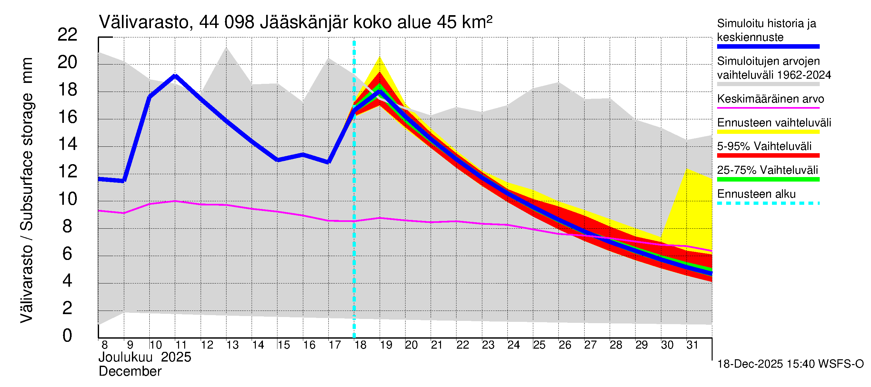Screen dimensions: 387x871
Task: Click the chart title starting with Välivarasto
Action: pyautogui.click(x=295, y=23)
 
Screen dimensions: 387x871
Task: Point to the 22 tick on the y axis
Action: pyautogui.click(x=67, y=35)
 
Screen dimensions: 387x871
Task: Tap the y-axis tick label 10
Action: pyautogui.click(x=67, y=199)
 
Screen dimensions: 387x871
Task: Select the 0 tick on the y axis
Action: pyautogui.click(x=67, y=336)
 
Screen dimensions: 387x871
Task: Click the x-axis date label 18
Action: pyautogui.click(x=360, y=345)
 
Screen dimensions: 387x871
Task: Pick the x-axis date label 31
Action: pyautogui.click(x=692, y=345)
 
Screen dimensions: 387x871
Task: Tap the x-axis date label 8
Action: pyautogui.click(x=105, y=345)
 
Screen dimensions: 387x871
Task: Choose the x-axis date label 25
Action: pyautogui.click(x=539, y=345)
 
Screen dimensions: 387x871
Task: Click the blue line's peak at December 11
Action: pyautogui.click(x=175, y=76)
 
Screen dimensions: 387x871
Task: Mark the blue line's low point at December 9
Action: pyautogui.click(x=124, y=181)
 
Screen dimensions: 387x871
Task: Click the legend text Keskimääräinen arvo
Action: pyautogui.click(x=771, y=99)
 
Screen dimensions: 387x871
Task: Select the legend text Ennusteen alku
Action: pyautogui.click(x=756, y=194)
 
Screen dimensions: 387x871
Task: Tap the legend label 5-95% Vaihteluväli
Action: pyautogui.click(x=764, y=146)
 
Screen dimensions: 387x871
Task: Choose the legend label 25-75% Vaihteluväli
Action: pyautogui.click(x=767, y=170)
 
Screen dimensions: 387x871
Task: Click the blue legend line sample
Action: pyautogui.click(x=768, y=47)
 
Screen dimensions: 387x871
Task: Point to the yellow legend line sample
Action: pyautogui.click(x=768, y=132)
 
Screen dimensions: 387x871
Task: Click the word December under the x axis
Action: pyautogui.click(x=130, y=372)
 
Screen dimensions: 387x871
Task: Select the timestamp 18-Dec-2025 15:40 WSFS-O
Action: pyautogui.click(x=790, y=364)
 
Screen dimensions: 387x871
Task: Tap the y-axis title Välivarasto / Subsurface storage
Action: pyautogui.click(x=27, y=190)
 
